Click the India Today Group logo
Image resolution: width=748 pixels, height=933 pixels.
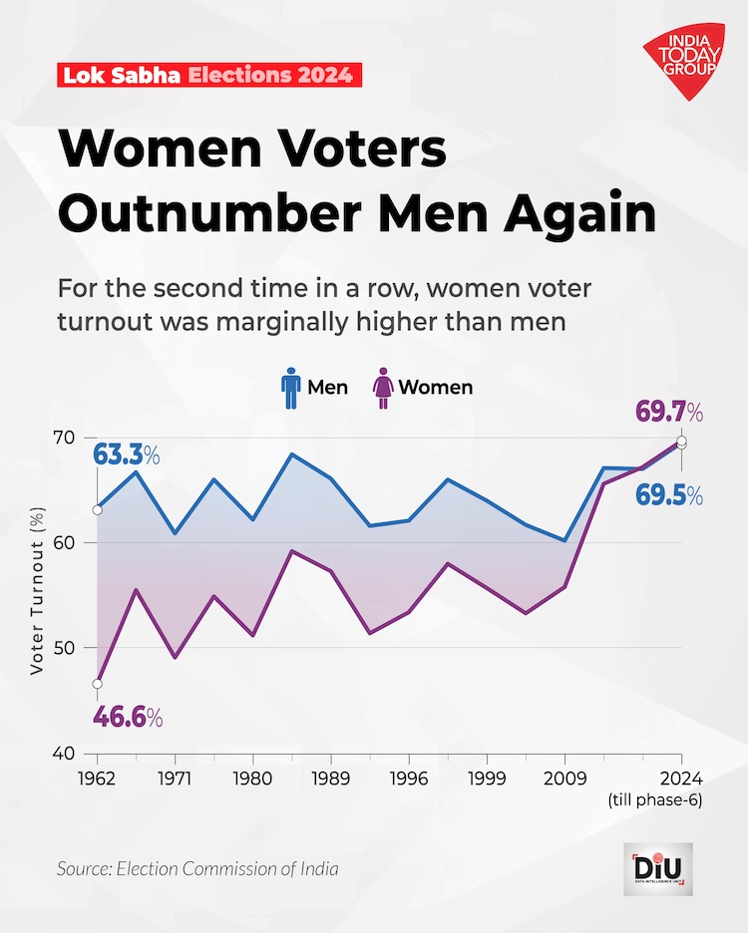(x=683, y=62)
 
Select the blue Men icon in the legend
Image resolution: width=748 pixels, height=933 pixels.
(x=290, y=387)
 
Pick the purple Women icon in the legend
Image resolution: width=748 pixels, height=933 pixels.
(x=382, y=387)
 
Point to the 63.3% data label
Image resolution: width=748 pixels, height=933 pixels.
(x=127, y=456)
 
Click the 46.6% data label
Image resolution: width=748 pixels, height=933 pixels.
(x=127, y=717)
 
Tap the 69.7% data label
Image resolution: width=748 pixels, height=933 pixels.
(x=669, y=412)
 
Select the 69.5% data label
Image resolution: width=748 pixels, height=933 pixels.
(x=669, y=495)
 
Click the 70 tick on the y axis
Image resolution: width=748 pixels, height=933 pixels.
(x=64, y=438)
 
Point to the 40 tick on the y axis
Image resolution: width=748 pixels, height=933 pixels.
(x=64, y=753)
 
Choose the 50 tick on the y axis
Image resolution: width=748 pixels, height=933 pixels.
(x=64, y=648)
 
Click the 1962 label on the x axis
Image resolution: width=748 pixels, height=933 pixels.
(x=97, y=777)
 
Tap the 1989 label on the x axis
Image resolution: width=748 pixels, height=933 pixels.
(x=330, y=777)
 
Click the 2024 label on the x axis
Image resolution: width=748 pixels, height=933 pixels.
(x=681, y=777)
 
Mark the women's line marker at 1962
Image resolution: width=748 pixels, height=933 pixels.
(x=97, y=684)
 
